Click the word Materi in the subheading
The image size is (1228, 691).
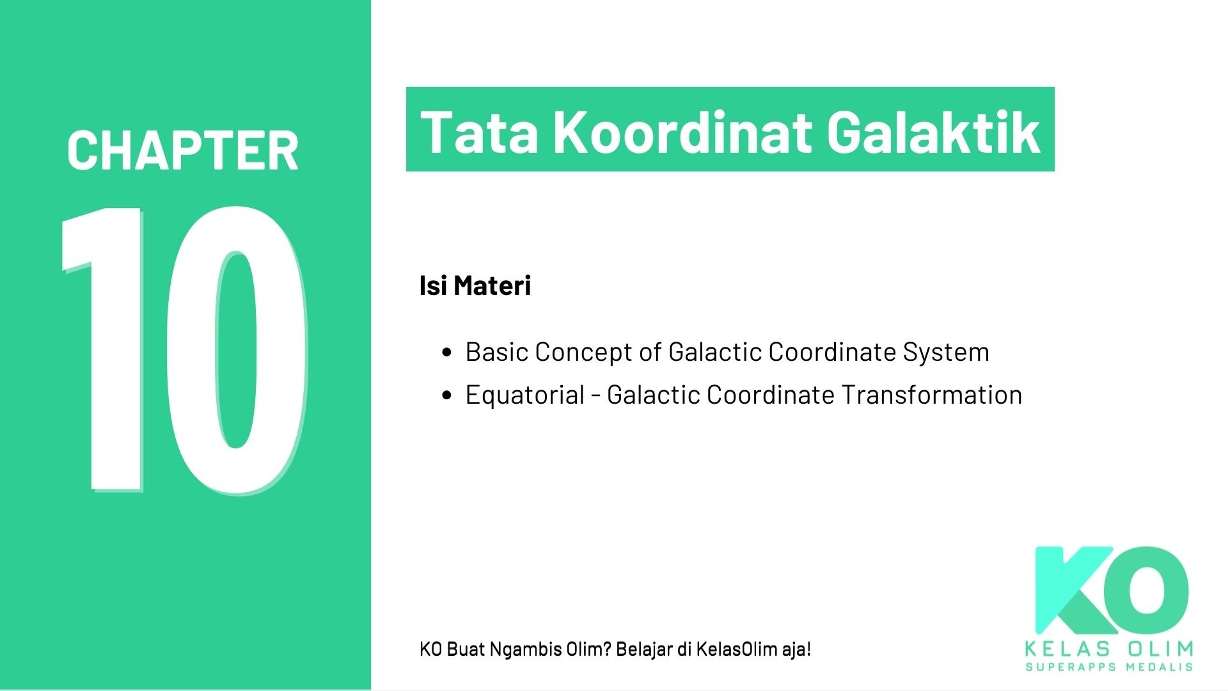coord(492,285)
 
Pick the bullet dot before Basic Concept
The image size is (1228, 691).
coord(447,353)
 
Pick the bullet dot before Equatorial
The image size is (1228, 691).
coord(447,395)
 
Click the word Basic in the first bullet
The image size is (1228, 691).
coord(496,352)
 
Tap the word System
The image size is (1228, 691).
coord(946,353)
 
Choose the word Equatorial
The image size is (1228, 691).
coord(524,395)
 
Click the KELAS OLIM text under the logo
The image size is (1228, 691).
coord(1109,649)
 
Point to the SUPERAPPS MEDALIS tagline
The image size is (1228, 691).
coord(1109,667)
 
